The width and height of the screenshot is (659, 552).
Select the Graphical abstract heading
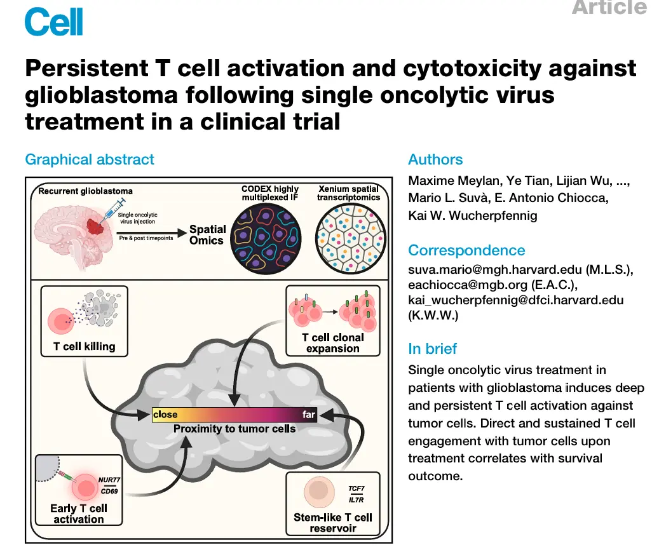90,159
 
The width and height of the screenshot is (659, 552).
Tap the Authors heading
435,159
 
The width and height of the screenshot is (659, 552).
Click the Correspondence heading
466,250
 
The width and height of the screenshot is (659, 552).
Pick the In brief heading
432,349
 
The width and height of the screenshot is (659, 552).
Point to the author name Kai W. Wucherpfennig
472,215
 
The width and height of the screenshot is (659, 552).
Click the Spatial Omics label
207,235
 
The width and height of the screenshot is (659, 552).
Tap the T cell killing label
85,347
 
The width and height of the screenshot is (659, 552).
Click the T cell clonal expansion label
333,343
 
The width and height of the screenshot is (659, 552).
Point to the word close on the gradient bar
165,415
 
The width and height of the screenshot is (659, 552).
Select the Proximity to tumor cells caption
234,429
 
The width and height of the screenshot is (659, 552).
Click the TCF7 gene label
356,488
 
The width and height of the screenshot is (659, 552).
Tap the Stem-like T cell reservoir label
333,523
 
